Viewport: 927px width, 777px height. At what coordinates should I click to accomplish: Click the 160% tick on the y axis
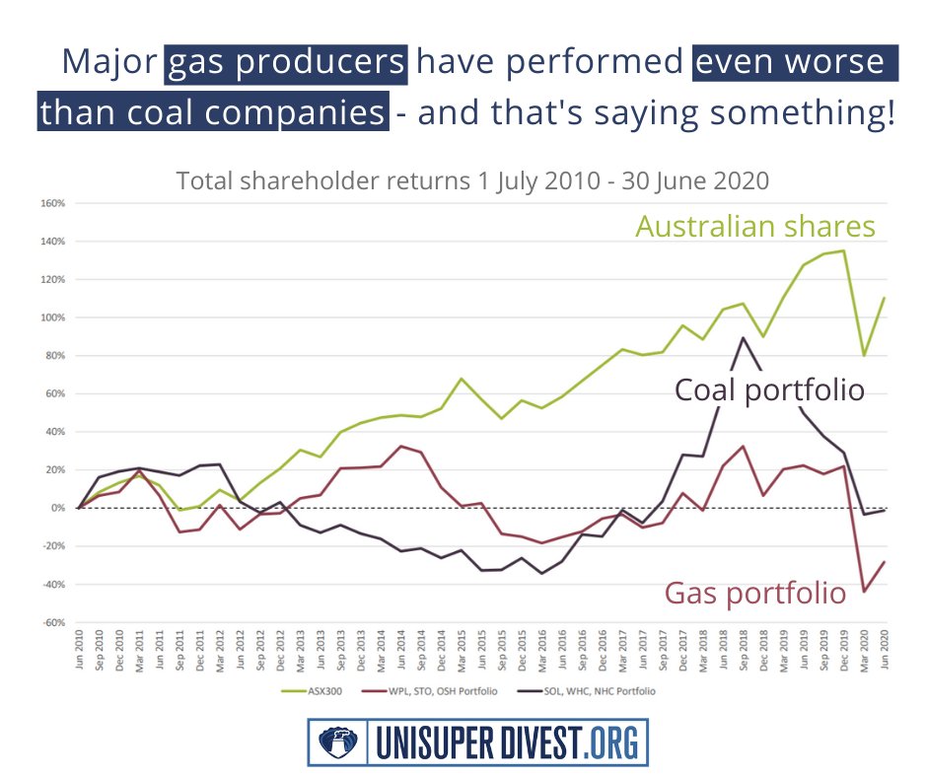[x=52, y=204]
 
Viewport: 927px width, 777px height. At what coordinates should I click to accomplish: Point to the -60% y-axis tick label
[x=52, y=623]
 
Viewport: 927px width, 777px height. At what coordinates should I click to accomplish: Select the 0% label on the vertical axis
[x=57, y=509]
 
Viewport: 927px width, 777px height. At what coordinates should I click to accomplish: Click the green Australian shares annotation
[x=754, y=227]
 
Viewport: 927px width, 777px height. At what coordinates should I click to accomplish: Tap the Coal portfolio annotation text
[x=769, y=389]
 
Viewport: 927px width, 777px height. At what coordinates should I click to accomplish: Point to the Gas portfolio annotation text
[x=754, y=593]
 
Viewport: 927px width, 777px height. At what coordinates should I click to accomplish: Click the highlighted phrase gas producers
[x=286, y=62]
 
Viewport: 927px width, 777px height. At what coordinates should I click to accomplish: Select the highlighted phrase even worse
[x=795, y=62]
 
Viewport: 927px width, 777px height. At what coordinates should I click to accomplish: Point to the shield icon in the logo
[x=332, y=741]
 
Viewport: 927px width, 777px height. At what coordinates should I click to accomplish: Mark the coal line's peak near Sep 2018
[x=743, y=337]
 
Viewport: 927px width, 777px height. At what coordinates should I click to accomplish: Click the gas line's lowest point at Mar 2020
[x=863, y=592]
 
